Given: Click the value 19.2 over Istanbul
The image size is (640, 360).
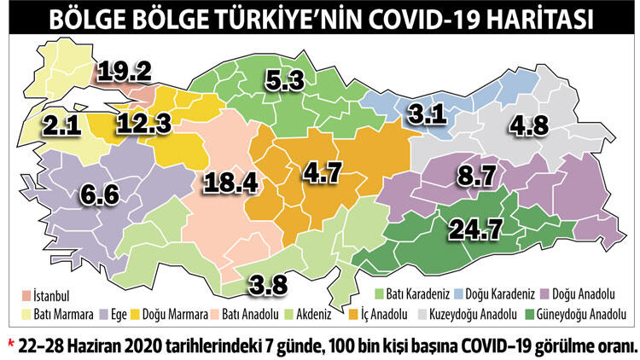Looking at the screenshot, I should click(x=125, y=70).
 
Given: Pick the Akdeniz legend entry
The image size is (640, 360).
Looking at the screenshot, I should click(x=317, y=314).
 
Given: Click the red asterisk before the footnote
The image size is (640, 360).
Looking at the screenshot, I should click(x=12, y=342).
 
